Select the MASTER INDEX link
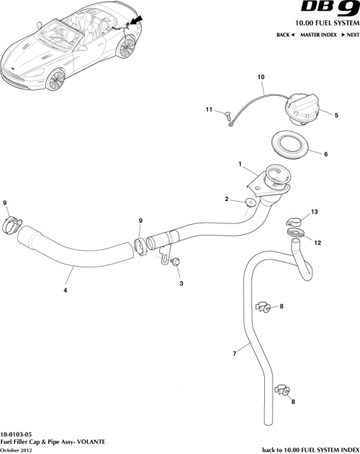pyautogui.click(x=320, y=35)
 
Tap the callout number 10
pyautogui.click(x=261, y=76)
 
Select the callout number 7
pyautogui.click(x=234, y=354)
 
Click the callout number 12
pyautogui.click(x=318, y=243)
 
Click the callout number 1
pyautogui.click(x=240, y=164)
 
